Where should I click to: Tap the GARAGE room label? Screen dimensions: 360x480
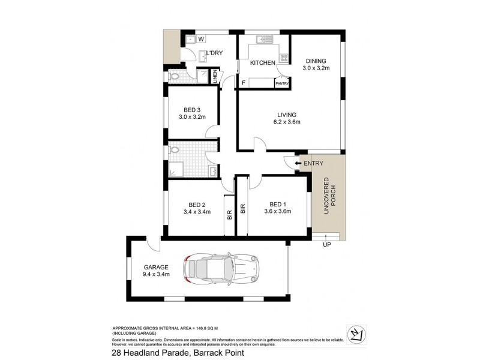[155, 267]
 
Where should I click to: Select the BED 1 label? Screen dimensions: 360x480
[277, 203]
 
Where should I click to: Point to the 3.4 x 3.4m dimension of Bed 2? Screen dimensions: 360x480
[197, 211]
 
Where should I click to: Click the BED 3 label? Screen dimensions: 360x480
[192, 109]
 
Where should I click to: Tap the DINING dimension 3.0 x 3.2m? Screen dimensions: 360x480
[316, 68]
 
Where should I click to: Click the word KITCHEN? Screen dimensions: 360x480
[262, 62]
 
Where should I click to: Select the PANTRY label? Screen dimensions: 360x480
[282, 83]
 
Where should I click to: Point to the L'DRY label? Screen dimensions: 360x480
[214, 54]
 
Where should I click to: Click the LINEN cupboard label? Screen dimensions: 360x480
[214, 76]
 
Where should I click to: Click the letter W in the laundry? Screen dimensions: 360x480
[202, 40]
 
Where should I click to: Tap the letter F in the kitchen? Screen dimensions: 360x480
[244, 83]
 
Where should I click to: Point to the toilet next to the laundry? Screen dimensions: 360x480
[175, 76]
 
